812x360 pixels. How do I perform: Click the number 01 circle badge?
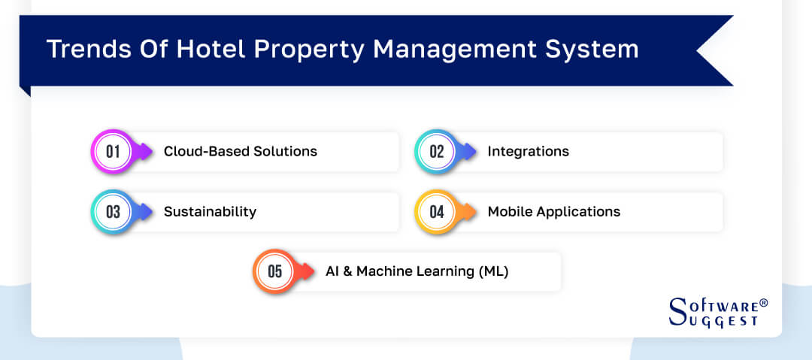click(x=112, y=151)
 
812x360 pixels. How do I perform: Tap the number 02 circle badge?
click(x=436, y=151)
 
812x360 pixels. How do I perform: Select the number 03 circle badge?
click(x=112, y=211)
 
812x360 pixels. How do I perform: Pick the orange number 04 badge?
click(x=436, y=211)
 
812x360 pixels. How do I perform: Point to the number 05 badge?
click(x=274, y=271)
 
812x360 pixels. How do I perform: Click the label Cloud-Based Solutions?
click(x=241, y=151)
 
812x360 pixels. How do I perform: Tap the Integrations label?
click(x=528, y=151)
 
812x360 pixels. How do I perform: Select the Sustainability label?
click(x=210, y=211)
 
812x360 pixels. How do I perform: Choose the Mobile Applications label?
click(x=554, y=211)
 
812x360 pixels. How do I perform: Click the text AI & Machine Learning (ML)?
click(x=417, y=271)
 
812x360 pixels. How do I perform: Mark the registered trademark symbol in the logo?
click(x=764, y=302)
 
